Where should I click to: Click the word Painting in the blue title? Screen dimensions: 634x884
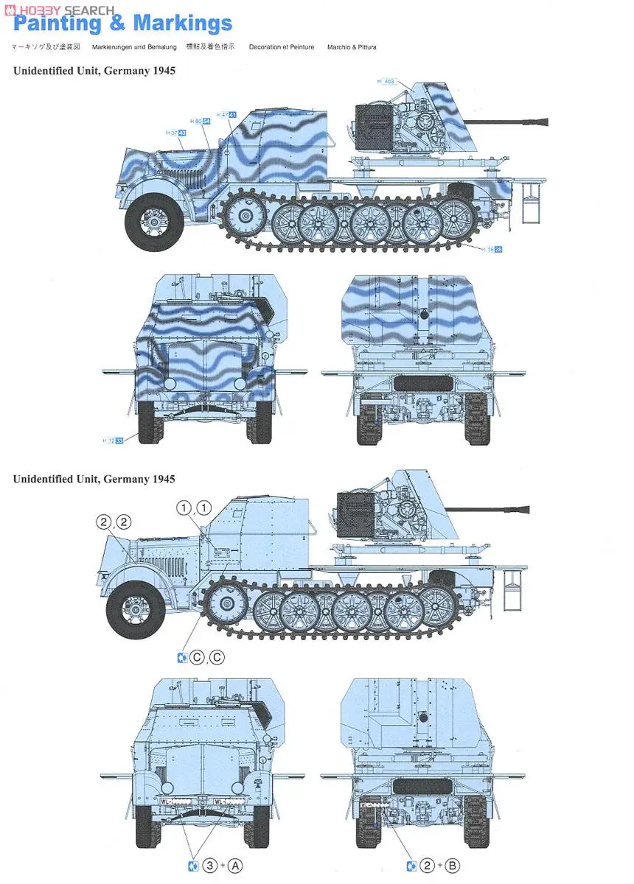click(58, 24)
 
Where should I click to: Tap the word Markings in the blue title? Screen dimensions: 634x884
click(183, 24)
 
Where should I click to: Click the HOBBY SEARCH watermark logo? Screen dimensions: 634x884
click(59, 9)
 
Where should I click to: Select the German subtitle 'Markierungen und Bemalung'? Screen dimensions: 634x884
click(134, 47)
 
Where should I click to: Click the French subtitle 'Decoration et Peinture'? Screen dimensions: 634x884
click(282, 47)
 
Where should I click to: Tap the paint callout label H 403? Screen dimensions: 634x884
click(386, 82)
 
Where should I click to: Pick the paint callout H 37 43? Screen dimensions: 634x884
click(176, 133)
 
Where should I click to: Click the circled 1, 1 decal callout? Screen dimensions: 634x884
click(194, 507)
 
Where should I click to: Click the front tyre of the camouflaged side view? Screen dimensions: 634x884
click(153, 220)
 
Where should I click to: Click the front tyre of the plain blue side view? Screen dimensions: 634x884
click(135, 608)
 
